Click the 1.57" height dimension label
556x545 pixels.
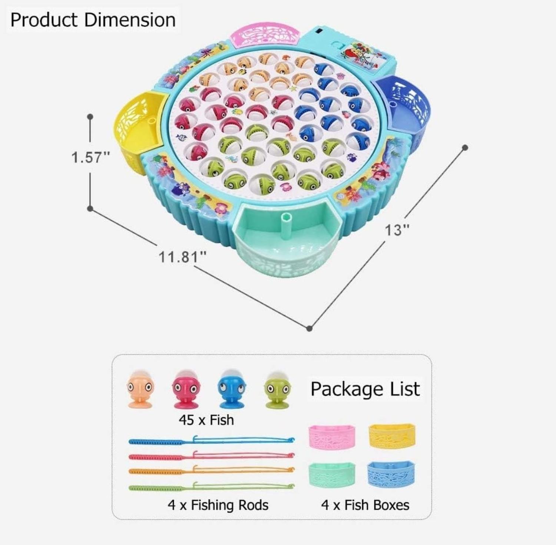[91, 157]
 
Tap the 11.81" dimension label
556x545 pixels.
[182, 257]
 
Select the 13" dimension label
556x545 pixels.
[397, 230]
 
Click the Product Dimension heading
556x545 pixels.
[93, 20]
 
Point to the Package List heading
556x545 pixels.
[365, 389]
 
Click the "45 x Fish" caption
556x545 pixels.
[206, 420]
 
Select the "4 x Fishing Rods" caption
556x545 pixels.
[218, 505]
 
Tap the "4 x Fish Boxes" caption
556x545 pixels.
[365, 505]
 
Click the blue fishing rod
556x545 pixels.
[211, 441]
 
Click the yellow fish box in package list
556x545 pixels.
[392, 436]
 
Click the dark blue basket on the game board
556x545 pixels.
[406, 108]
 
